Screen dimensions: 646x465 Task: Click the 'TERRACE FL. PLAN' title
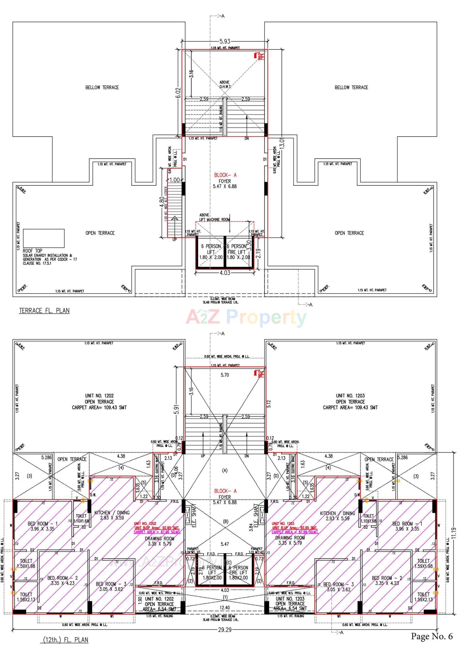tap(44, 310)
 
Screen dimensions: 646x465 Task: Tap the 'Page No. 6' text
tap(432, 636)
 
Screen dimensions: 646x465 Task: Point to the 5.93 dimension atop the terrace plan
tap(225, 42)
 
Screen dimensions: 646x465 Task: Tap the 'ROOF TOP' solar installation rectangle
tap(44, 238)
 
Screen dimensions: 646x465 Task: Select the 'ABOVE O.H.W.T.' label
tap(225, 84)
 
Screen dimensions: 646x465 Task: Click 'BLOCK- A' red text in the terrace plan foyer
tap(225, 175)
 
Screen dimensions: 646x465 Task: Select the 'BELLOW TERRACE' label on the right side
tap(351, 87)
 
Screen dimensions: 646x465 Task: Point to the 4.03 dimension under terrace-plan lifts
tap(225, 273)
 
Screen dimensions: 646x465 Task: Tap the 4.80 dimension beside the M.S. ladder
tap(161, 203)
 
